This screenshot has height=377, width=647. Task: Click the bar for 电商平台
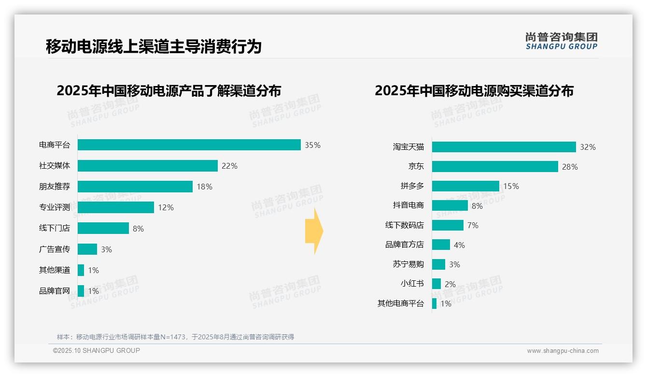(189, 145)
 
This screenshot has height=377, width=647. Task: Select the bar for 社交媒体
(148, 166)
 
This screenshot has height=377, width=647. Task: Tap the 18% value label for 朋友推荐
(204, 187)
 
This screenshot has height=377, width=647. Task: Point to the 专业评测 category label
(55, 207)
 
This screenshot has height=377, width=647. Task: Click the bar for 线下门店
(103, 228)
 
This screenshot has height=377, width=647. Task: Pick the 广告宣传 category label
(55, 249)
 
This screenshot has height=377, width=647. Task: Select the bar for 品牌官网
(81, 291)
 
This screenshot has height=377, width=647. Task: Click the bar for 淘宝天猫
(504, 147)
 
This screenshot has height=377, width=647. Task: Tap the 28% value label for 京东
(570, 167)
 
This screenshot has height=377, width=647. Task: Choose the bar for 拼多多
(465, 186)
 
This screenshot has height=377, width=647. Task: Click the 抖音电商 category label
(408, 205)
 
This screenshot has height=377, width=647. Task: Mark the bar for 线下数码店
(448, 225)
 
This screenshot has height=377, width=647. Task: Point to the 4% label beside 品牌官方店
(459, 245)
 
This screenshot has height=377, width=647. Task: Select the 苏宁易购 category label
(408, 264)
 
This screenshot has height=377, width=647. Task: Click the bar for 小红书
(436, 284)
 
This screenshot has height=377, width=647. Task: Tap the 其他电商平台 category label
(401, 304)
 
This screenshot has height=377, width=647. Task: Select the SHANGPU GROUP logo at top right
(561, 41)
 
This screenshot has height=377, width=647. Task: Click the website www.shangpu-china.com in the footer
(563, 351)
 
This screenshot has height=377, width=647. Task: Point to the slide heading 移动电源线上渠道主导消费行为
(154, 47)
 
